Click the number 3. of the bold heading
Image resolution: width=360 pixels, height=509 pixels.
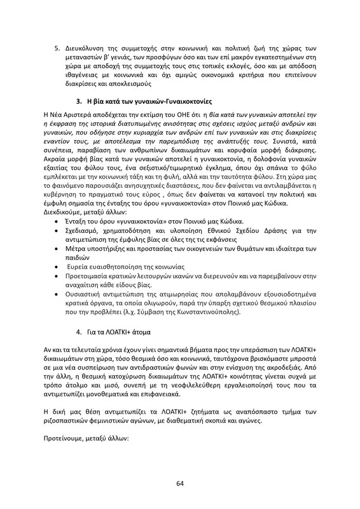(80, 102)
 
